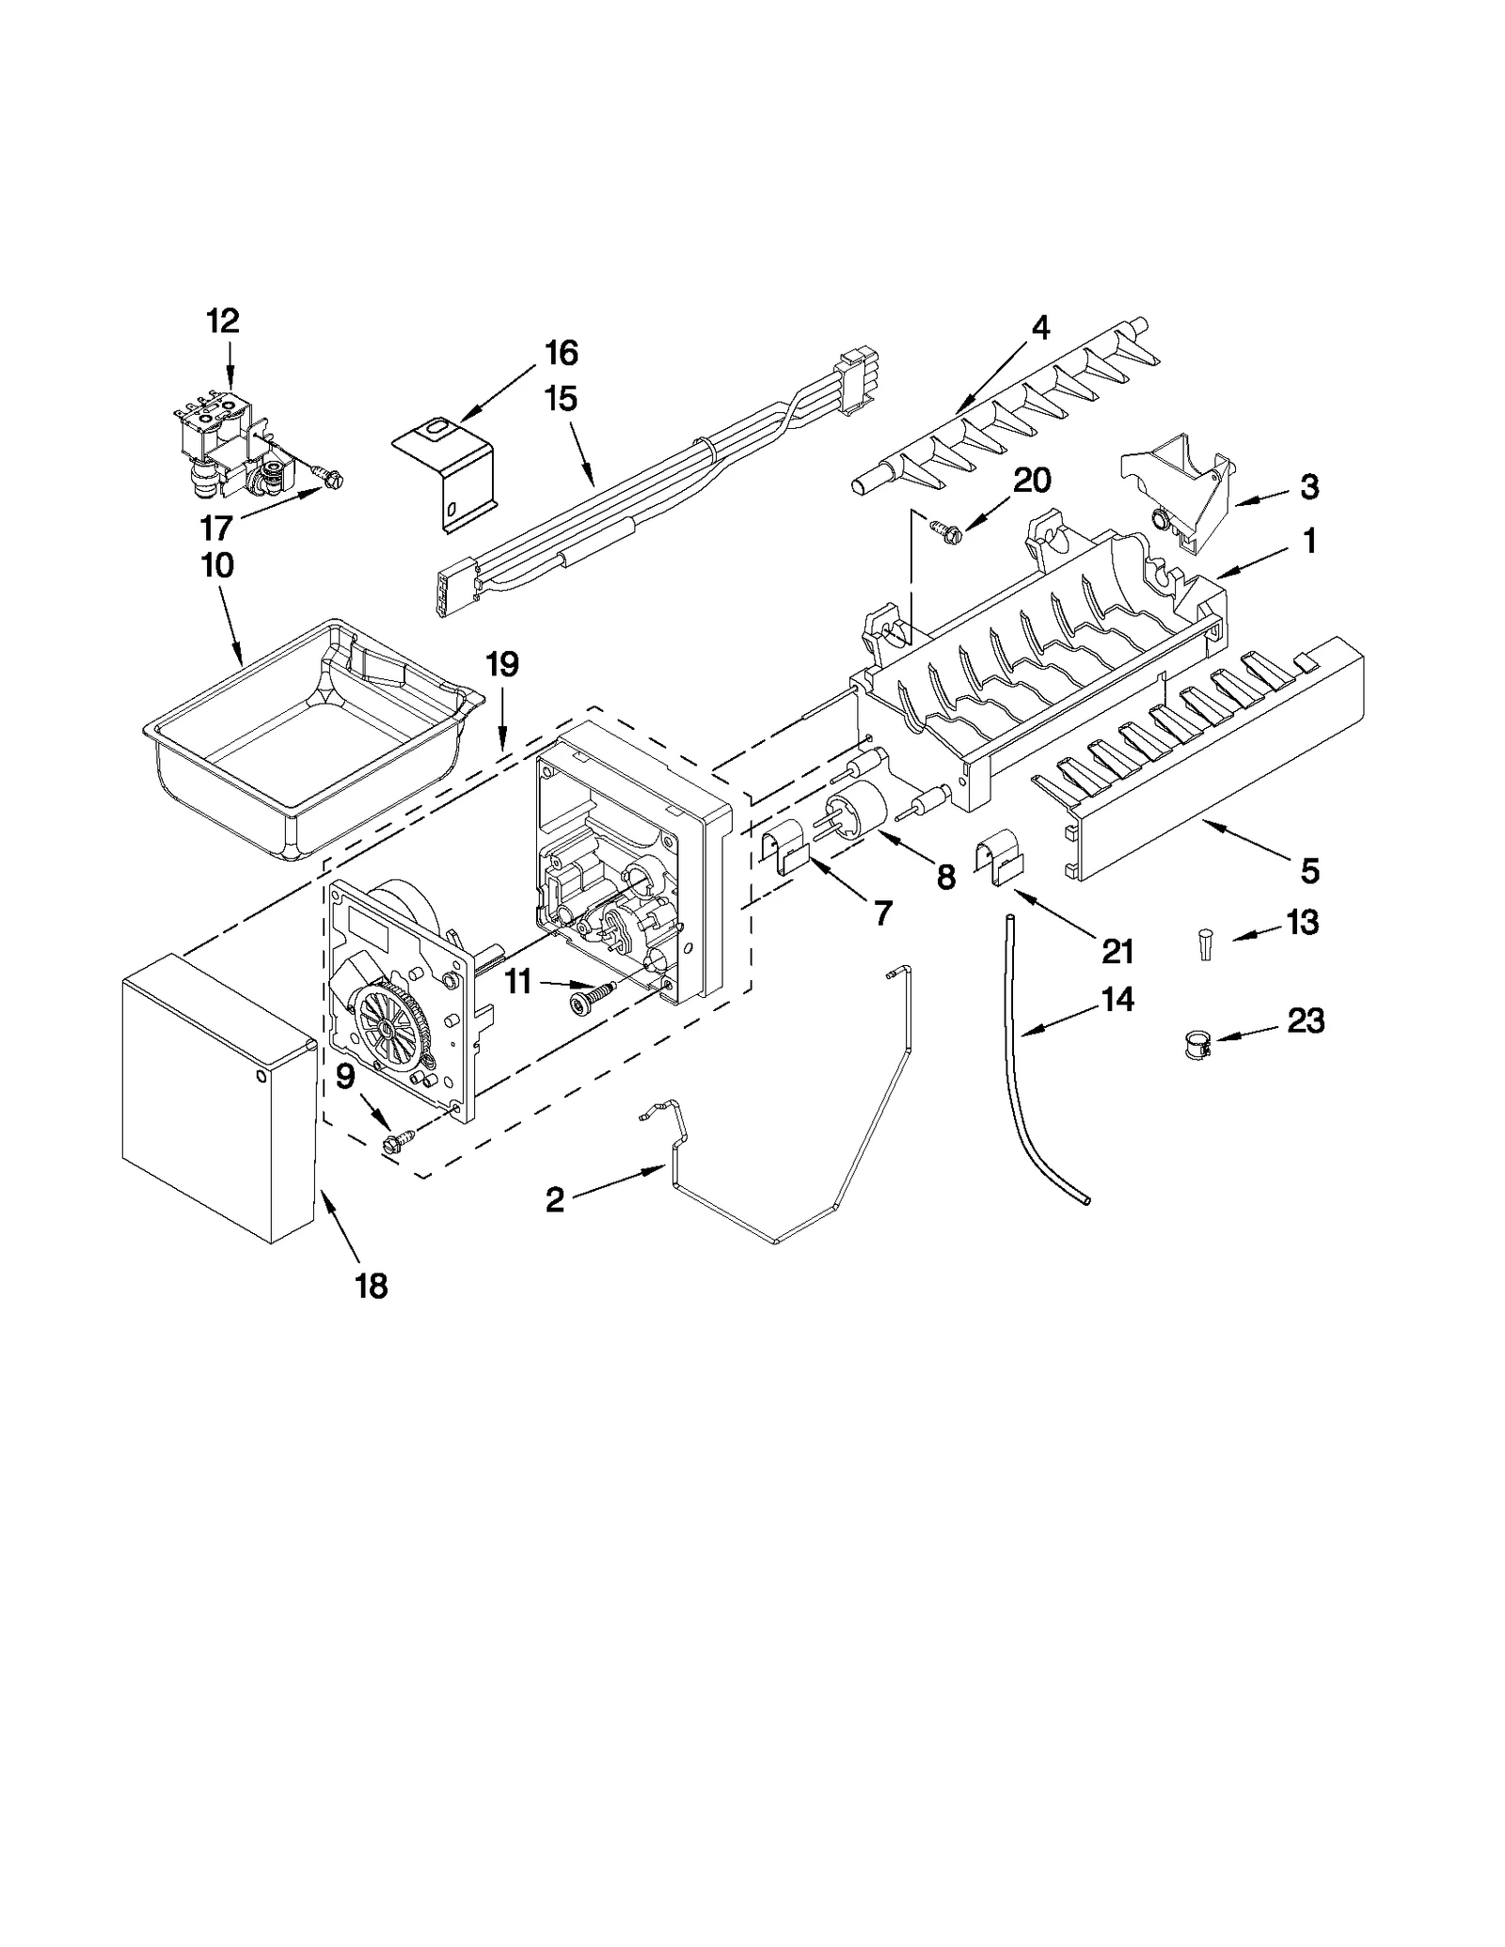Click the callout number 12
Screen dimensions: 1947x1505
[x=223, y=322]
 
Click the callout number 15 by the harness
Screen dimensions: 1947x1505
[x=561, y=399]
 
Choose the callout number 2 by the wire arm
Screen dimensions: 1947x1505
[x=555, y=1199]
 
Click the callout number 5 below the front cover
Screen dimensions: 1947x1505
[x=1310, y=870]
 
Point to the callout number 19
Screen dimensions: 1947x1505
[x=502, y=664]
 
